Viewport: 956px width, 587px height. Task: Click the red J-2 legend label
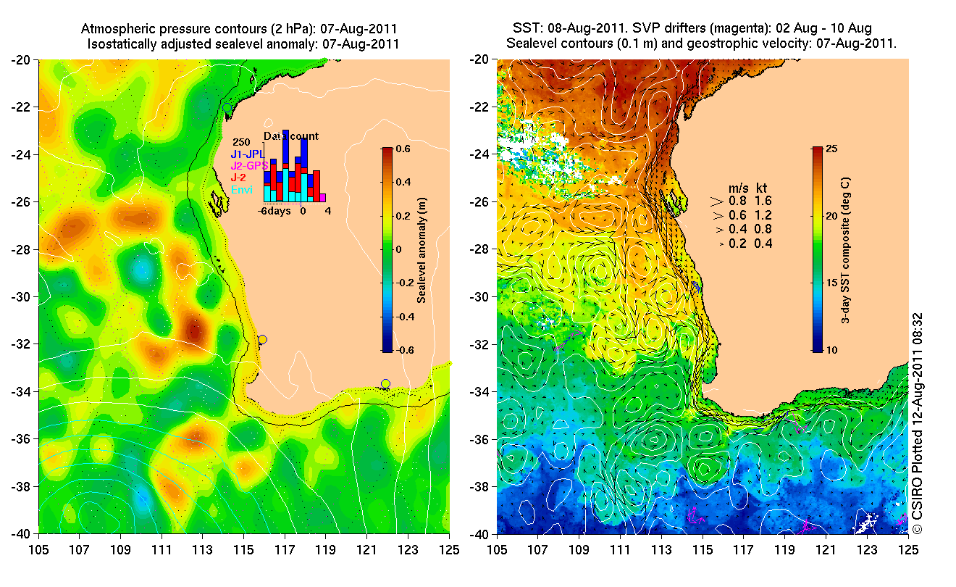(238, 177)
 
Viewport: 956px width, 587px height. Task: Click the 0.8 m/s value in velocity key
(736, 201)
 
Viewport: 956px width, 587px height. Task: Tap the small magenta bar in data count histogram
(322, 197)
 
